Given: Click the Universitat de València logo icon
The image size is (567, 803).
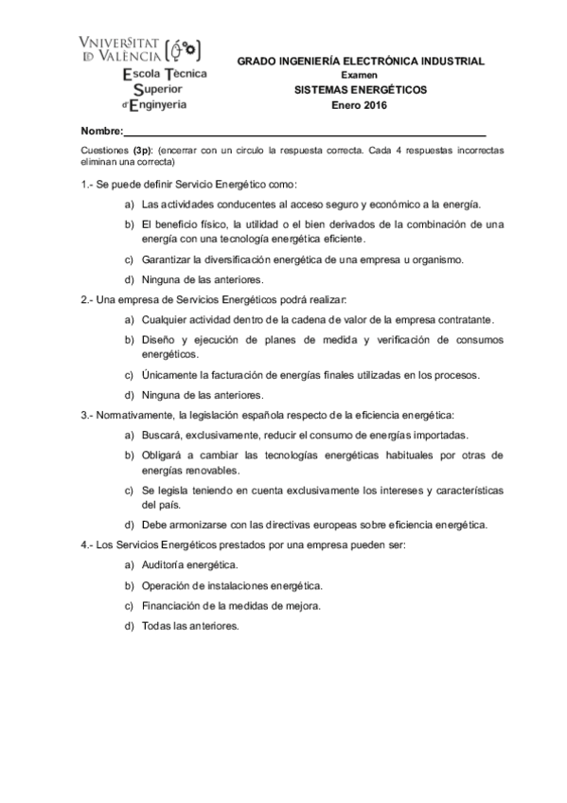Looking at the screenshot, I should tap(184, 51).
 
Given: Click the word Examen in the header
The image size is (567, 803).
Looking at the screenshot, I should tap(360, 75).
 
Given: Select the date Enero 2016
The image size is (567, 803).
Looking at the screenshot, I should tap(360, 105).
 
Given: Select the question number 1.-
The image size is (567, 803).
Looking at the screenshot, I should tap(87, 184).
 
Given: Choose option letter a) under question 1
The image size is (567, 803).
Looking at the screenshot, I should tap(129, 204).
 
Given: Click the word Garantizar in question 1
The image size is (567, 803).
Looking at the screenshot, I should tap(168, 259).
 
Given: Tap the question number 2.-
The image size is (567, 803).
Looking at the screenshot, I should tap(87, 299).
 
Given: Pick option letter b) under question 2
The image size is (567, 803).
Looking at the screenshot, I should tap(129, 339).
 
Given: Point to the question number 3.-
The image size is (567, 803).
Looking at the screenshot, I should tap(87, 415).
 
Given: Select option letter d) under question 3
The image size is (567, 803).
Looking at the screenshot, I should tap(129, 525).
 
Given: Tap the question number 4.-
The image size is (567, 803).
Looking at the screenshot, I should tap(87, 545).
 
